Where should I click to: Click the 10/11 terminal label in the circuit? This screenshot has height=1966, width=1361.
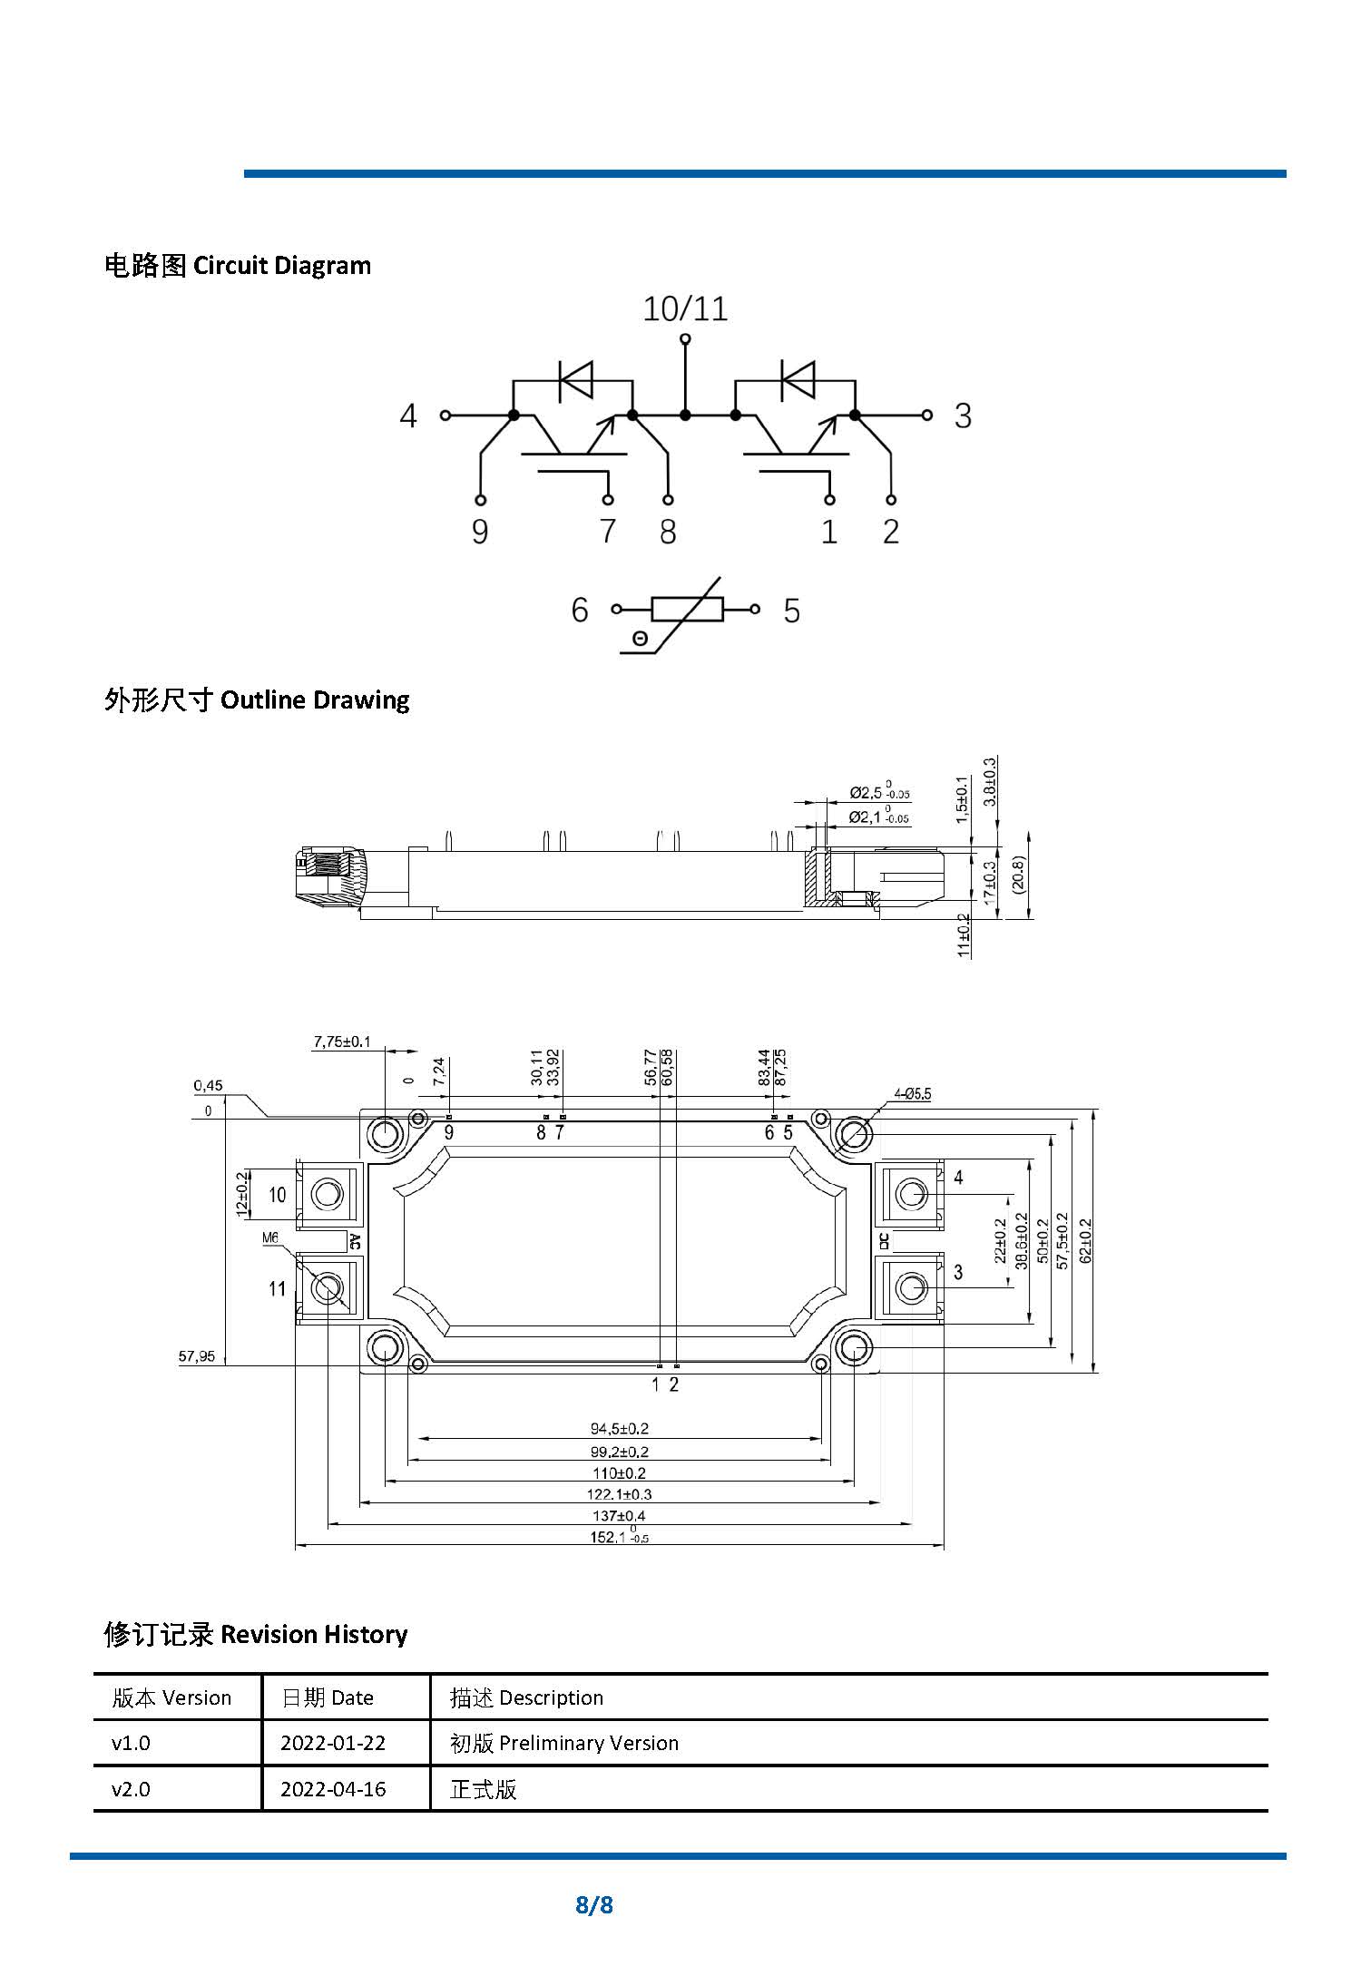pos(685,309)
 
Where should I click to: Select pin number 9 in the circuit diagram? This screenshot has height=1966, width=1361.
pos(480,532)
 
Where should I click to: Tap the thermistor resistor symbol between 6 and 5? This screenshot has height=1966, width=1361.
pos(687,610)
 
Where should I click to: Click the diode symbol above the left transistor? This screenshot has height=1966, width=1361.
pos(575,380)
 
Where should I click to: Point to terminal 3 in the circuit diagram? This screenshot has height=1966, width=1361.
pos(962,416)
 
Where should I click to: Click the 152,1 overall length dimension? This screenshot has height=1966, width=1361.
pos(620,1537)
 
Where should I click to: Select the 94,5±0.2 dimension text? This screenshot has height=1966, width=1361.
pos(620,1429)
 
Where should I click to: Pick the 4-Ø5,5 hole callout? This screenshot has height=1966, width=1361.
pos(912,1094)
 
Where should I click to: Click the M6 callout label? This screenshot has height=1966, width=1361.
pos(270,1237)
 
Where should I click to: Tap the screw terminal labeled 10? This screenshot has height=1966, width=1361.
pos(327,1194)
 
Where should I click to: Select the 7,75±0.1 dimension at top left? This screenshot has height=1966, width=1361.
pos(342,1042)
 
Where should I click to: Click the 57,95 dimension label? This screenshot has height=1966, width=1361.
pos(197,1356)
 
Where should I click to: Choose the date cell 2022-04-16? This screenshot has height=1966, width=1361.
pos(333,1789)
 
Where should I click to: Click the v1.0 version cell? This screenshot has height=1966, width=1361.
pos(131,1743)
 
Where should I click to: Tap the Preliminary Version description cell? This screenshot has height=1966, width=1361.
pos(563,1743)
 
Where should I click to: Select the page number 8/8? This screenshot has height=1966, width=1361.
pos(594,1904)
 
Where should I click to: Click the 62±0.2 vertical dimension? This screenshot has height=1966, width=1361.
pos(1086,1239)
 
